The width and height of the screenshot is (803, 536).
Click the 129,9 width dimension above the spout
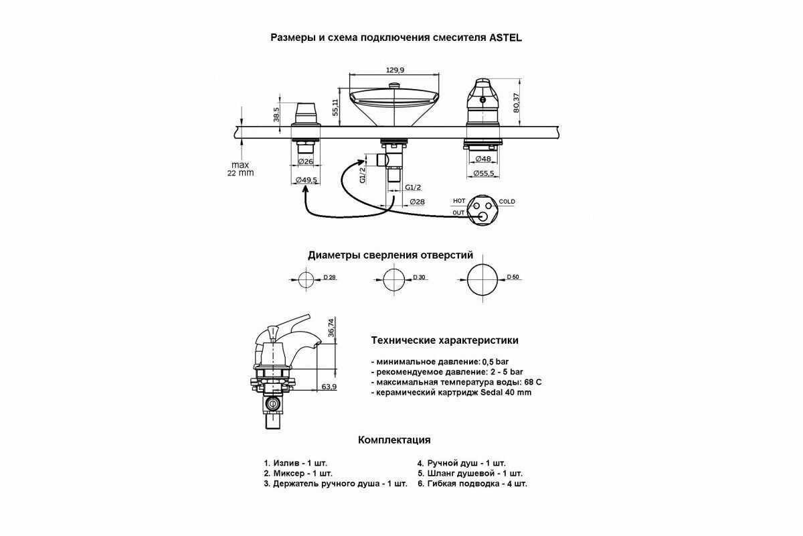(x=396, y=70)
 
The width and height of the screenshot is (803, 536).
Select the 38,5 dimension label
(x=276, y=114)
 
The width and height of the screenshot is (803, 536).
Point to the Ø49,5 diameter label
(x=306, y=180)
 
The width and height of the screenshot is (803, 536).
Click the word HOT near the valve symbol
(x=459, y=201)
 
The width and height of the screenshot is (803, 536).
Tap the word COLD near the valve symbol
(x=507, y=202)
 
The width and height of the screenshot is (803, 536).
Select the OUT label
(x=458, y=213)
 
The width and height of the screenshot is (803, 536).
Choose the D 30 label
(x=420, y=277)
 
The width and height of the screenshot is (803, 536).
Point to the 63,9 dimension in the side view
(x=329, y=387)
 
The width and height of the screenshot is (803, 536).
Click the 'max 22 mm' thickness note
(x=240, y=169)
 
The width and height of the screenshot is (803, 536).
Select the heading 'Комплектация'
(x=394, y=440)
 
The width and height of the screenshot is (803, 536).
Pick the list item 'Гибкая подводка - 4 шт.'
(x=472, y=483)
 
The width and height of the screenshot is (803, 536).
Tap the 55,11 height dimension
(x=337, y=105)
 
